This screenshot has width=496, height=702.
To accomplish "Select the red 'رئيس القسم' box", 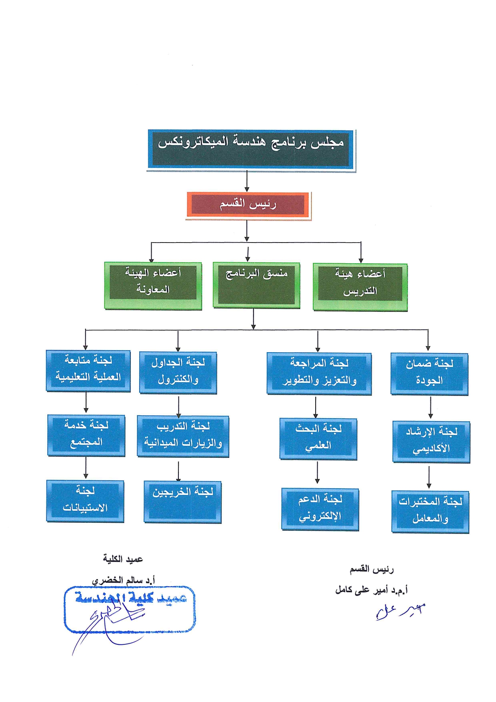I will (248, 205).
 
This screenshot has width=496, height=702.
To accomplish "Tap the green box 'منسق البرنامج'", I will (256, 285).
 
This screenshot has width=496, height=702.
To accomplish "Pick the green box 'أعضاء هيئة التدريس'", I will (360, 287).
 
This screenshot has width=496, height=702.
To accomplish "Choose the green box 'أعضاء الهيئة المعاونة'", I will (153, 285).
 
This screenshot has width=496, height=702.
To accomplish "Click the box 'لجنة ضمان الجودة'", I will (429, 374).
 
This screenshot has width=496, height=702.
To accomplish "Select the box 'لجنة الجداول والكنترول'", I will (178, 373).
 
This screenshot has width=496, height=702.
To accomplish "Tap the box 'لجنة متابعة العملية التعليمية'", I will (88, 371).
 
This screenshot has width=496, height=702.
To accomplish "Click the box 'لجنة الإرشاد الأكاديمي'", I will (431, 441).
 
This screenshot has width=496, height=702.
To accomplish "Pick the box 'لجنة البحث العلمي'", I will (318, 439).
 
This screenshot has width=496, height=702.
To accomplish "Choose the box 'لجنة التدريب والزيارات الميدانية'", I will (183, 436).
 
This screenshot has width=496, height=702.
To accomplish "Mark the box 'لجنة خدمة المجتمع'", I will (86, 435).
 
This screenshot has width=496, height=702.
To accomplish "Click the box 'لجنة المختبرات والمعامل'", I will (430, 511).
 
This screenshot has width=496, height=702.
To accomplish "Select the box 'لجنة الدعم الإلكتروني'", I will (320, 509).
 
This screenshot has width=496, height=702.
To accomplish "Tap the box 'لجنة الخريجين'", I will (182, 501).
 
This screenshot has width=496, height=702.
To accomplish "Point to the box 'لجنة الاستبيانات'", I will (85, 501).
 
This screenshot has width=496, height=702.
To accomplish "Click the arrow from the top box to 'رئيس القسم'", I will (247, 181).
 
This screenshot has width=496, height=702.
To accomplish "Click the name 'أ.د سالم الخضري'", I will (123, 580).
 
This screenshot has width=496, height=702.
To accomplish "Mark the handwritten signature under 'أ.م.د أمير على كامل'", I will (400, 611).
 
